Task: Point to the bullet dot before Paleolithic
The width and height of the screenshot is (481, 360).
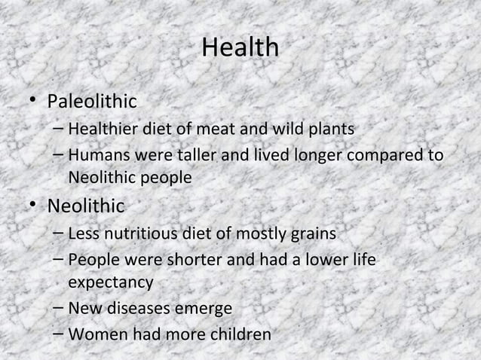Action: point(35,101)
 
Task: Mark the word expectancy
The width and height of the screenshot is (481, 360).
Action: point(110,283)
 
